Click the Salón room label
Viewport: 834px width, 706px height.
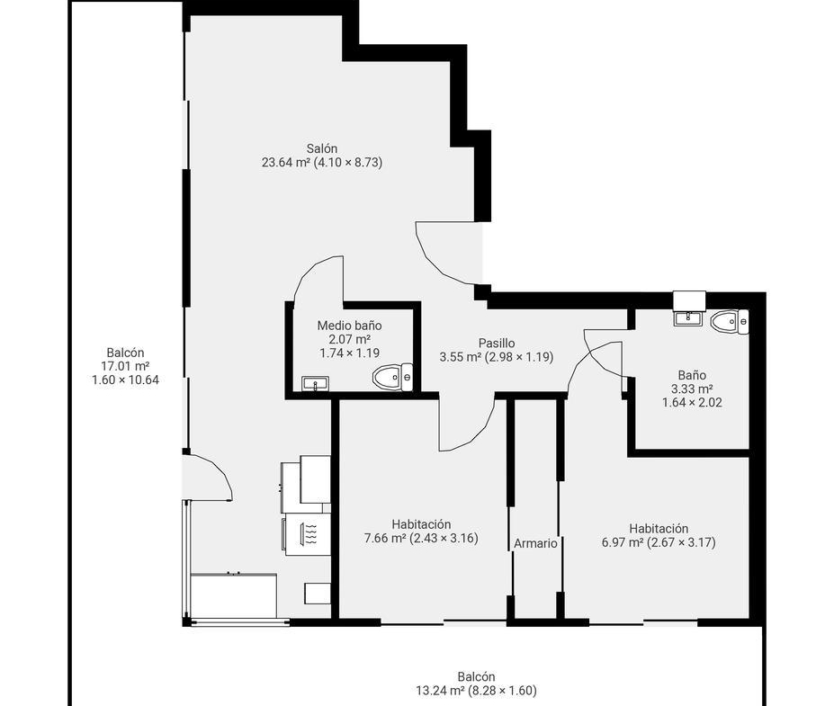[x=322, y=148]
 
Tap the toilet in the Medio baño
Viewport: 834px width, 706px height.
[x=392, y=377]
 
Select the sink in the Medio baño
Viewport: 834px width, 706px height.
[x=316, y=383]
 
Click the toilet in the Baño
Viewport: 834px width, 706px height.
[x=730, y=322]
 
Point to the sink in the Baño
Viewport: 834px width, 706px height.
[x=688, y=318]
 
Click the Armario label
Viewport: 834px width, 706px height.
[x=535, y=543]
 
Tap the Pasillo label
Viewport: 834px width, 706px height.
[x=497, y=343]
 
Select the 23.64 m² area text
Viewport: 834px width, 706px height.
[x=285, y=162]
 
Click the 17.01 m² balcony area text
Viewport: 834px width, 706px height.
[x=125, y=366]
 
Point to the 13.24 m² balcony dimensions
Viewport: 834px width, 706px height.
[x=476, y=691]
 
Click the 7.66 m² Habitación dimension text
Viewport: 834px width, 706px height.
[x=421, y=538]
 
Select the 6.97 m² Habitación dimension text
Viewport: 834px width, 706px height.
[x=659, y=542]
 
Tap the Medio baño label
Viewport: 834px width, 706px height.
[x=349, y=326]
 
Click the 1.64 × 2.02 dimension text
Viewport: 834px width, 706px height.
[x=692, y=402]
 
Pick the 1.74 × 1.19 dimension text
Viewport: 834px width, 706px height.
[x=349, y=353]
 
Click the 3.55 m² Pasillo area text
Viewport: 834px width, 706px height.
[x=461, y=357]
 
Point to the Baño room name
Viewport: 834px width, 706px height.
[x=692, y=375]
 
